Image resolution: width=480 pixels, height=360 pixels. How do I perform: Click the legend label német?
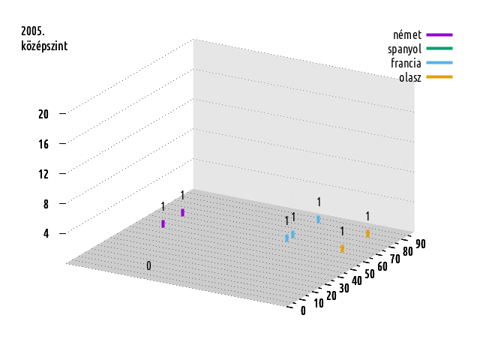tap(407, 35)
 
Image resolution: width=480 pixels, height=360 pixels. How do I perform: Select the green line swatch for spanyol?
tap(439, 48)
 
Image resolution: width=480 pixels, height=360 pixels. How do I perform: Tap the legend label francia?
tap(406, 63)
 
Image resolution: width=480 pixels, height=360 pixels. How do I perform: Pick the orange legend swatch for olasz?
tap(439, 76)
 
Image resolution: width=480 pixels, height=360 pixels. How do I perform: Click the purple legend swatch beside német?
tap(439, 35)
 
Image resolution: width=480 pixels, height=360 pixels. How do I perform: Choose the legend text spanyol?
tap(404, 49)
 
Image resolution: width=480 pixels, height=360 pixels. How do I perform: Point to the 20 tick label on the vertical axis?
tap(43, 114)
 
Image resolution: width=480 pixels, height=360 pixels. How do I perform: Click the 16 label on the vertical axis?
tap(43, 144)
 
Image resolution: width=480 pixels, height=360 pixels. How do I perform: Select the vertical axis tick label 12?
tap(43, 174)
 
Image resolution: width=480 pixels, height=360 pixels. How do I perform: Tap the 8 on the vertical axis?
tap(46, 204)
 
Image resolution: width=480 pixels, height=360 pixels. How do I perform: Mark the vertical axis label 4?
tap(46, 234)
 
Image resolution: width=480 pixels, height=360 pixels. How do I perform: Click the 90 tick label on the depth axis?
tap(421, 244)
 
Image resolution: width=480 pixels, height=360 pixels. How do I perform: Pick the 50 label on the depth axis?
tap(370, 274)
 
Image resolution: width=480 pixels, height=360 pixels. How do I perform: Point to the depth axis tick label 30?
tap(343, 288)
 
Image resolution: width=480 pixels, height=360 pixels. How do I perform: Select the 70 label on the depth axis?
tap(395, 259)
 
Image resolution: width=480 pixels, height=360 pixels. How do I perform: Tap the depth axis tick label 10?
tap(318, 303)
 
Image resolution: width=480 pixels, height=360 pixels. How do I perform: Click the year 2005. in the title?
tap(33, 31)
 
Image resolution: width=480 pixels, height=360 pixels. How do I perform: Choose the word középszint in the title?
tap(44, 46)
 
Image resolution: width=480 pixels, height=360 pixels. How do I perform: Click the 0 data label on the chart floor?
tap(148, 265)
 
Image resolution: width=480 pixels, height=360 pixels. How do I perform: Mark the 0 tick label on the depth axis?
tap(303, 310)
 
